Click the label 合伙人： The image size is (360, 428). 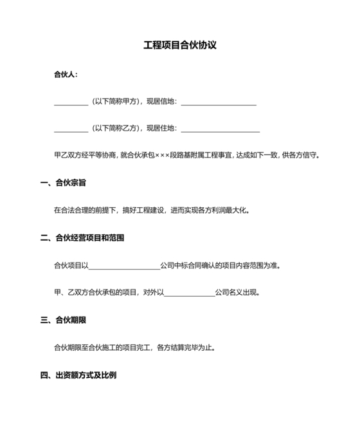point(66,75)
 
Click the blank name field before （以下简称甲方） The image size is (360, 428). point(71,102)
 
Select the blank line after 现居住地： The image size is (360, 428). point(221,129)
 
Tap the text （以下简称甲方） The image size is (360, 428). point(116,102)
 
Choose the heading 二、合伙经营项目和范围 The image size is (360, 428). point(82,237)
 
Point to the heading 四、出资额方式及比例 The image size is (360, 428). point(78,375)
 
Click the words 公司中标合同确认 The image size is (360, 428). point(184,265)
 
